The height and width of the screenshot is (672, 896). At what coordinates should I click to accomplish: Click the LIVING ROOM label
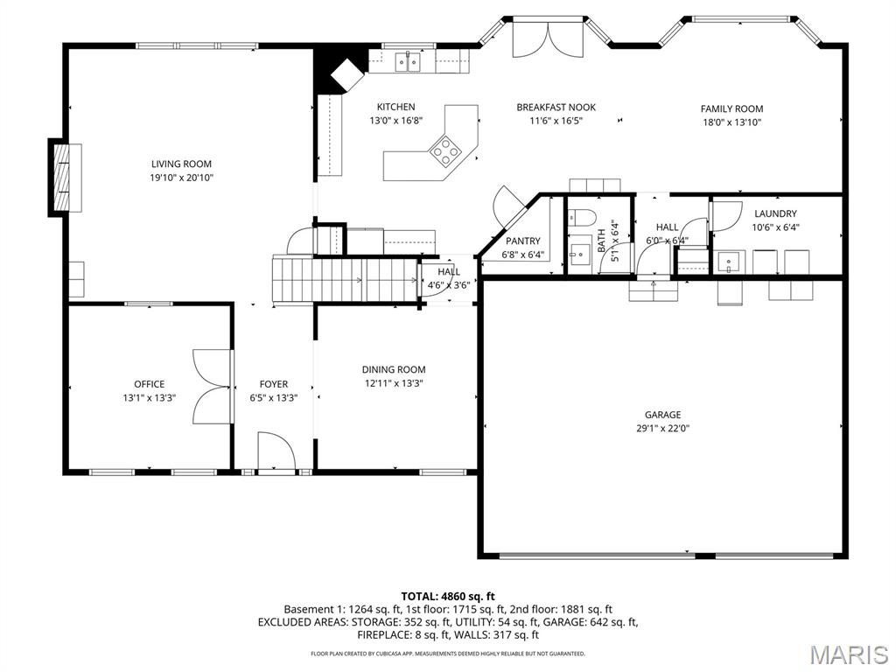pos(181,164)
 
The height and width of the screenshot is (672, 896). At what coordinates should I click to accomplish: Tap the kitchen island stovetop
pos(445,151)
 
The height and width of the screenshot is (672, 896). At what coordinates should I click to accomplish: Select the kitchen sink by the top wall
pos(406,61)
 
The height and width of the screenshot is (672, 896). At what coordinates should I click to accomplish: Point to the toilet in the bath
pos(582,217)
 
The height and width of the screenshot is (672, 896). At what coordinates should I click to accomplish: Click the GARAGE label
pos(662,415)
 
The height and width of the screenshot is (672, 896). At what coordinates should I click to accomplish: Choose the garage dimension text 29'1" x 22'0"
pos(662,429)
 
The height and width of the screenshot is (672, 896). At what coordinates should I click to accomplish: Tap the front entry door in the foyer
pos(276,452)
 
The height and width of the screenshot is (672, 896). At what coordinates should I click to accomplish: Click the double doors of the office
pos(212,388)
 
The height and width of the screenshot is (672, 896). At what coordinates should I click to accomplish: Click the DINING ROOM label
pos(394,369)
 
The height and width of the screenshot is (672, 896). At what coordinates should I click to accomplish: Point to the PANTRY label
pos(522,241)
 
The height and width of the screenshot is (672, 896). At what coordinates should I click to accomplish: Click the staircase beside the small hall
pos(341,280)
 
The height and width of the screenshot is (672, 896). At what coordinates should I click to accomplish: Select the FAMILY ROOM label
pos(731,109)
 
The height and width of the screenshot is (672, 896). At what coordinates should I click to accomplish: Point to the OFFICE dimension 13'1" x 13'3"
pos(149,397)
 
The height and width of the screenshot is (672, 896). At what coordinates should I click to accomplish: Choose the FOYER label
pos(273,384)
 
